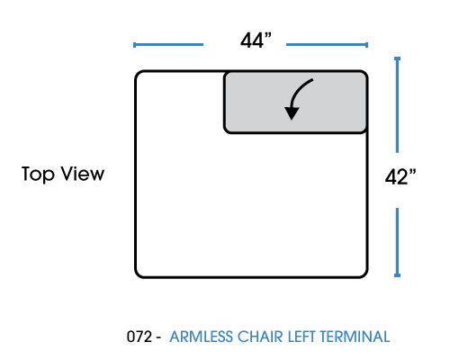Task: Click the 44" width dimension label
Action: tap(256, 40)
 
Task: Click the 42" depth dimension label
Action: tap(400, 176)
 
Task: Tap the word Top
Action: tap(38, 175)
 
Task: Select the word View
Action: tap(83, 174)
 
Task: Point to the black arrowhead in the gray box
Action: tap(292, 113)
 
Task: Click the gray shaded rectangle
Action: tap(295, 102)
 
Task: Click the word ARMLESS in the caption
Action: tap(201, 337)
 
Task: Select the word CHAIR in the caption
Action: tap(260, 337)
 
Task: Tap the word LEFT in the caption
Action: tap(301, 337)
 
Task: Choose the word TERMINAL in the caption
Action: tap(355, 337)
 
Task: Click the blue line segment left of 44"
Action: tap(168, 45)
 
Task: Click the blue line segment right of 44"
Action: tap(328, 45)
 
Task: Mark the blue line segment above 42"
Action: tap(397, 104)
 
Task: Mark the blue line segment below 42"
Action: tap(397, 242)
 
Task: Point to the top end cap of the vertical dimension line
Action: tap(397, 58)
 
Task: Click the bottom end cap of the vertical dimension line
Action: tap(397, 275)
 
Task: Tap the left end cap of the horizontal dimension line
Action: tap(134, 45)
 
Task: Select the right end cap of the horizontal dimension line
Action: tap(367, 45)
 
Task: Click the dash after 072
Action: tap(158, 338)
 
